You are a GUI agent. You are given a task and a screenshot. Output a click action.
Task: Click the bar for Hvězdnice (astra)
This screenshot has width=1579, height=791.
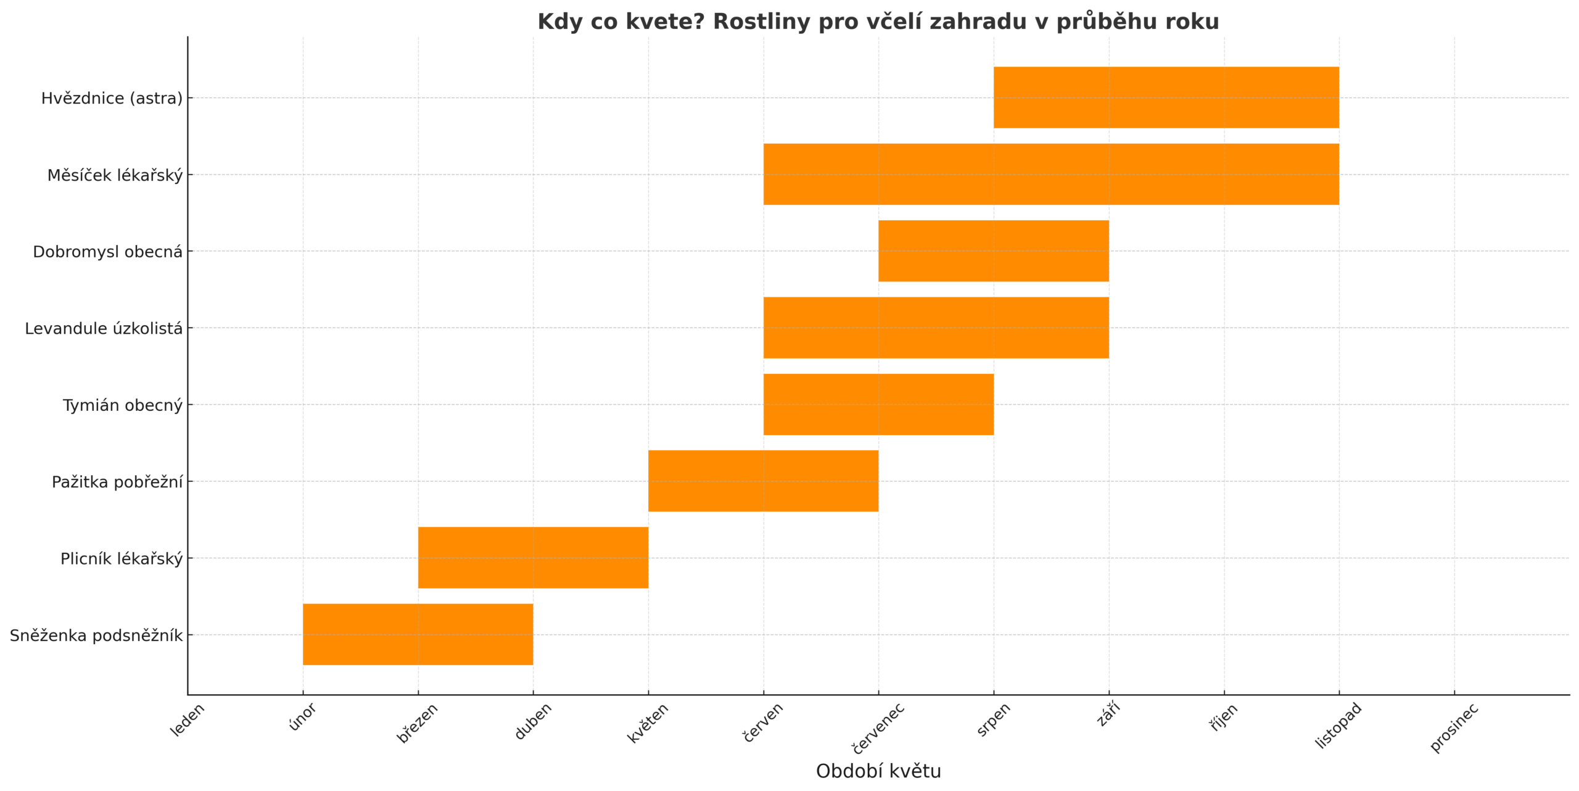1166,97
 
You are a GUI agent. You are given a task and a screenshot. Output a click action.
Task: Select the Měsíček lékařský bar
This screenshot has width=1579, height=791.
1051,174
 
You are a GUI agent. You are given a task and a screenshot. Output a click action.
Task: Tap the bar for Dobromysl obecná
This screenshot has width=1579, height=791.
993,251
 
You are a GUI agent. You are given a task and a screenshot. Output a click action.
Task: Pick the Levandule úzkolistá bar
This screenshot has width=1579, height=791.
936,328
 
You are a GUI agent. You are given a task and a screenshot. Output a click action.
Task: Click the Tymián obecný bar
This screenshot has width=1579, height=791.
878,404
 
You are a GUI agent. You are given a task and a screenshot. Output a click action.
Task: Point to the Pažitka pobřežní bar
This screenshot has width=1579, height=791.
763,481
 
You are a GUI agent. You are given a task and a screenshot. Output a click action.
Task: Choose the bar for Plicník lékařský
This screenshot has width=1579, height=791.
533,558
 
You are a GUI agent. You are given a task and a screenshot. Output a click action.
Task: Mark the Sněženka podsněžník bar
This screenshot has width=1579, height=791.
418,634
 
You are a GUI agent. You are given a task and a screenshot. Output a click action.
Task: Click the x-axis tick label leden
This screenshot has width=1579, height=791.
187,720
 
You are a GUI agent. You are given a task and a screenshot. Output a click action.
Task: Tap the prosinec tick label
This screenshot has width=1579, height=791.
1454,727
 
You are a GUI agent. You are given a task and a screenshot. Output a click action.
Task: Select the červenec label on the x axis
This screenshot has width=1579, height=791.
878,728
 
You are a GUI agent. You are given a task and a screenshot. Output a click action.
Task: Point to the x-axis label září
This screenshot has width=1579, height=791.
1109,715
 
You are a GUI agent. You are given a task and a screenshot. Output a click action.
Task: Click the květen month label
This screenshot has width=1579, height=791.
648,723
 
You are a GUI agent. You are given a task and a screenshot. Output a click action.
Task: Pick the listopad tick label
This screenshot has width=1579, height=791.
1338,726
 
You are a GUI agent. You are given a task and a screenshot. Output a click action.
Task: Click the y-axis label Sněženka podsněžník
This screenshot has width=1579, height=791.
96,636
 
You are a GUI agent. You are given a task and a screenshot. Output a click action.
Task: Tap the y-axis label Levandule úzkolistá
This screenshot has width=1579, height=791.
104,329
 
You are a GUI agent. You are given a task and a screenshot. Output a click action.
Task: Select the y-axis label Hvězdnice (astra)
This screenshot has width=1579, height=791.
112,99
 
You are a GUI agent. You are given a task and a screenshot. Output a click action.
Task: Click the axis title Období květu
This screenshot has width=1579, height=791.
878,771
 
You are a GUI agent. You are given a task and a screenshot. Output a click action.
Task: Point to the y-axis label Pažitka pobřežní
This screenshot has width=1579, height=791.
117,482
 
